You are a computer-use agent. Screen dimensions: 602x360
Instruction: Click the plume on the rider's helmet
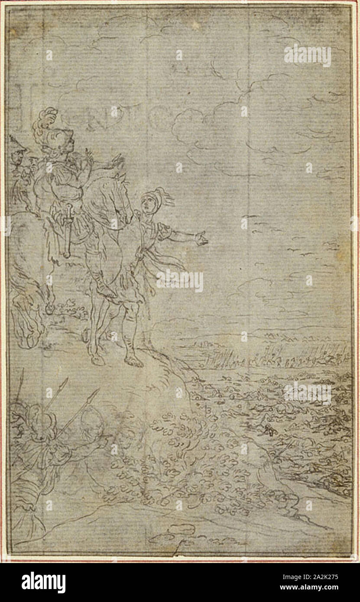[x=46, y=116]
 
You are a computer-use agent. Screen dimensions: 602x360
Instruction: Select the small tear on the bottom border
[x=177, y=553]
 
